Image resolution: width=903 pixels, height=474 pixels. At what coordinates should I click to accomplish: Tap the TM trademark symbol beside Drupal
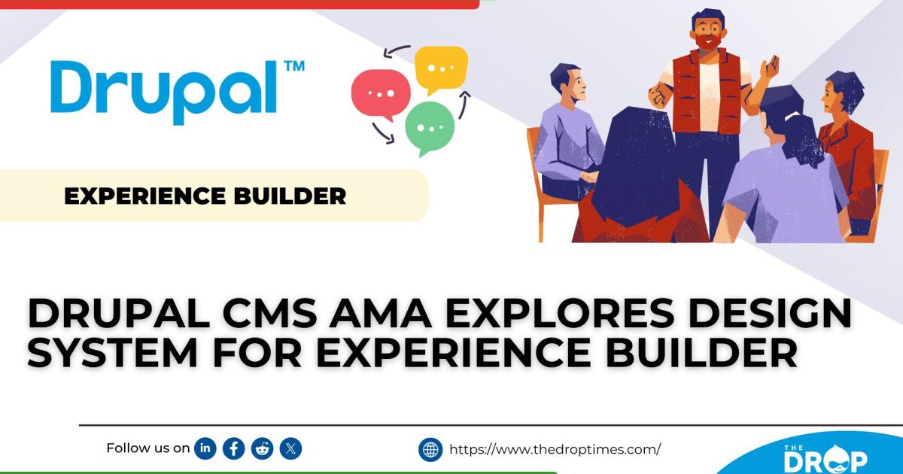pos(293,66)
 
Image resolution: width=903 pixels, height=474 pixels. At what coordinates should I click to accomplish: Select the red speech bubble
pos(381,94)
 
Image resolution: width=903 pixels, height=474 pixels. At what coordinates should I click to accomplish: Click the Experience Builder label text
pos(205,196)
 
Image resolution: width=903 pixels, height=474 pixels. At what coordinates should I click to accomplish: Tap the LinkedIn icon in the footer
pos(205,449)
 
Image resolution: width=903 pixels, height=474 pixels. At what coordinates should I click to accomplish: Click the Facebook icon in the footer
pos(234,449)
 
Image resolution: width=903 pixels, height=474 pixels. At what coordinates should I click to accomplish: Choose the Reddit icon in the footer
pos(263,449)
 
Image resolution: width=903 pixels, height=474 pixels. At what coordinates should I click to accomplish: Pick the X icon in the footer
pos(291,449)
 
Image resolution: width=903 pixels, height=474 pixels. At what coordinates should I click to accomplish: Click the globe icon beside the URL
pos(430,450)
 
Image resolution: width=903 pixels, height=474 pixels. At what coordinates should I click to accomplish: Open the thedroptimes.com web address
pos(555,450)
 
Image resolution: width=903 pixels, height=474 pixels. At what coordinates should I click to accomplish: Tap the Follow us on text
pos(147,448)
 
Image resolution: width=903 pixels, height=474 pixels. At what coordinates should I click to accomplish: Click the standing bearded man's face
pos(705,32)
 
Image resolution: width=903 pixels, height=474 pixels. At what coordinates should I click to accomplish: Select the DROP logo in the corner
pos(825,458)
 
